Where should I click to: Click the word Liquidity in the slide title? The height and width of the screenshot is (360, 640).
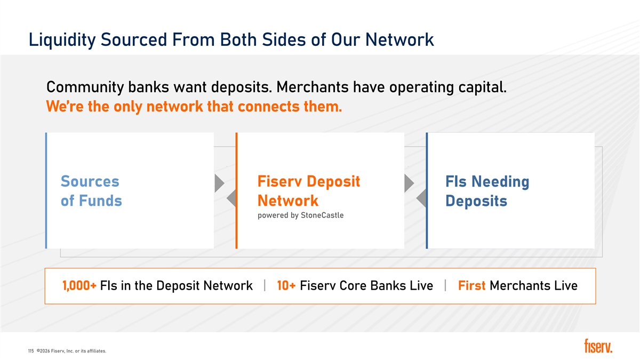pyautogui.click(x=62, y=39)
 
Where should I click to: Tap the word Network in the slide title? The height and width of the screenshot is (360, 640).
pyautogui.click(x=399, y=39)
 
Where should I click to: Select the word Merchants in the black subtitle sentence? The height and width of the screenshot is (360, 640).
pyautogui.click(x=313, y=87)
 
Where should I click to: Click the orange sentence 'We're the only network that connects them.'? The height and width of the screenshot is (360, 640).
pyautogui.click(x=194, y=107)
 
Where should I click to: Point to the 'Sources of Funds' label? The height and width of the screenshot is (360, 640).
pyautogui.click(x=91, y=191)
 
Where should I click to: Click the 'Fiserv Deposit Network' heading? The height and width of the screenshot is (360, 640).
pyautogui.click(x=309, y=191)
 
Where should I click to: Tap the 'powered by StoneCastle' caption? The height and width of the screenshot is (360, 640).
pyautogui.click(x=301, y=215)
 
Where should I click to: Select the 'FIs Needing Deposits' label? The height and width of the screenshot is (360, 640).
pyautogui.click(x=487, y=191)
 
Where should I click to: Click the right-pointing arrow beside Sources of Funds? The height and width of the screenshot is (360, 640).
pyautogui.click(x=219, y=183)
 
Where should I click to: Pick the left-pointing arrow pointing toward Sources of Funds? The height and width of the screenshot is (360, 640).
pyautogui.click(x=231, y=198)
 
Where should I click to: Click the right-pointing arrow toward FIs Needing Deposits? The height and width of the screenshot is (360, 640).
pyautogui.click(x=409, y=183)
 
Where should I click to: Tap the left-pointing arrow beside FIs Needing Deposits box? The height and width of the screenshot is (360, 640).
pyautogui.click(x=421, y=198)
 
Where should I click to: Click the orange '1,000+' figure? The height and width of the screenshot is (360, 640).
pyautogui.click(x=79, y=285)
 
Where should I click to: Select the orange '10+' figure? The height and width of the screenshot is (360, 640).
pyautogui.click(x=286, y=285)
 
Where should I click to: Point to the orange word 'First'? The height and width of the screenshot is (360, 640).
pyautogui.click(x=471, y=285)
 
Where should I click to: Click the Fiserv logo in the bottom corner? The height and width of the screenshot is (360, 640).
pyautogui.click(x=598, y=346)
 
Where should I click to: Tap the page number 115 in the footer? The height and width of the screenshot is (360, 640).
pyautogui.click(x=31, y=351)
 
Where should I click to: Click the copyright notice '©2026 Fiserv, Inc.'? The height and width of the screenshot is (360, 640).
pyautogui.click(x=55, y=351)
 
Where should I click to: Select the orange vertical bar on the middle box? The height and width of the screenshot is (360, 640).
pyautogui.click(x=236, y=190)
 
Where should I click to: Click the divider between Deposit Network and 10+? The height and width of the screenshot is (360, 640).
pyautogui.click(x=265, y=285)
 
